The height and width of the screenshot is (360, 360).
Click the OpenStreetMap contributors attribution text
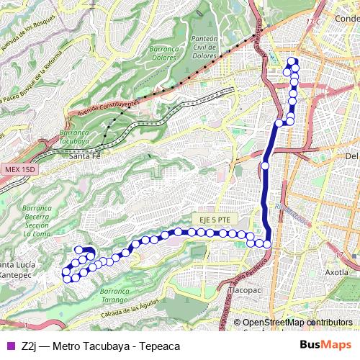click(297, 323)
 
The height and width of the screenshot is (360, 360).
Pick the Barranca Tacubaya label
click(76, 138)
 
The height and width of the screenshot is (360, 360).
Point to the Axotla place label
click(337, 273)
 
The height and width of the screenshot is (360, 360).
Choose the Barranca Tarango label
click(119, 295)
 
